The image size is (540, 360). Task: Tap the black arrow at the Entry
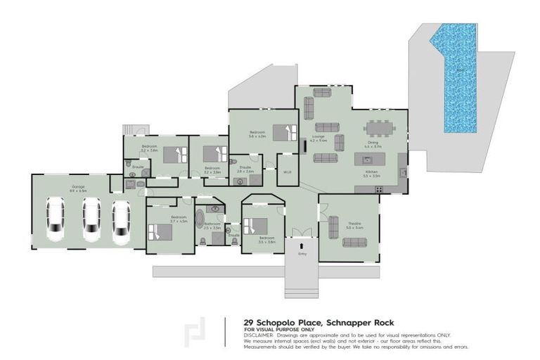tap(303, 245)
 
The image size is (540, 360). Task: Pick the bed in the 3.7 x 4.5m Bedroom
tap(162, 231)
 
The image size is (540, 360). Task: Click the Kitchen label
tap(372, 172)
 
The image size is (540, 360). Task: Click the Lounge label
tap(318, 138)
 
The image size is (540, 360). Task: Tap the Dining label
tap(373, 143)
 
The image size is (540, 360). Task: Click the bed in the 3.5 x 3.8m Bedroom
tap(257, 226)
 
